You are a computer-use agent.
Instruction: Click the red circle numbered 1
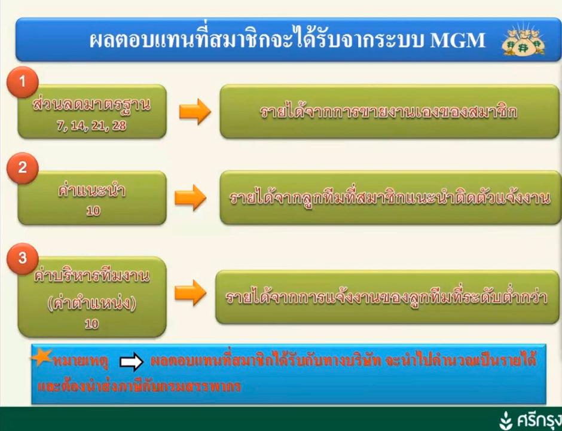click(22, 82)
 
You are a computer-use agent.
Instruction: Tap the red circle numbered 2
click(22, 168)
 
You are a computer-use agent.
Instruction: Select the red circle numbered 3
click(22, 259)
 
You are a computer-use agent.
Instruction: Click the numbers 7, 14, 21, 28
click(91, 126)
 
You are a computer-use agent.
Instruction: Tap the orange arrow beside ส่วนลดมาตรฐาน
click(195, 111)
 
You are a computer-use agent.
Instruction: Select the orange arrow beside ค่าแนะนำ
click(190, 197)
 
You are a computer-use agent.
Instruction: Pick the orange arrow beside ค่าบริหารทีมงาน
click(190, 293)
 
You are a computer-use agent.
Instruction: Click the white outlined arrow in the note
click(132, 362)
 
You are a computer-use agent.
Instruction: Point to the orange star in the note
click(41, 357)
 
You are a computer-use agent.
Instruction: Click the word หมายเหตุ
click(81, 362)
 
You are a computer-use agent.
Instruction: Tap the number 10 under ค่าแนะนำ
click(93, 211)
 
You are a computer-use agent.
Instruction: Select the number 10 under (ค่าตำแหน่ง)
click(91, 324)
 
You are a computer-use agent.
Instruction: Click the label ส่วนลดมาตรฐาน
click(91, 105)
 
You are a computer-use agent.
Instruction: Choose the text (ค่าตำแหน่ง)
click(91, 304)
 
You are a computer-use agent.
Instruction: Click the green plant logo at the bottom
click(506, 420)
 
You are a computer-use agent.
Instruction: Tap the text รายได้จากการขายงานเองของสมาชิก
click(389, 112)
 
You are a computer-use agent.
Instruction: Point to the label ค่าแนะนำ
click(91, 190)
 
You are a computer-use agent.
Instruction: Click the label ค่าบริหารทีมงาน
click(91, 276)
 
